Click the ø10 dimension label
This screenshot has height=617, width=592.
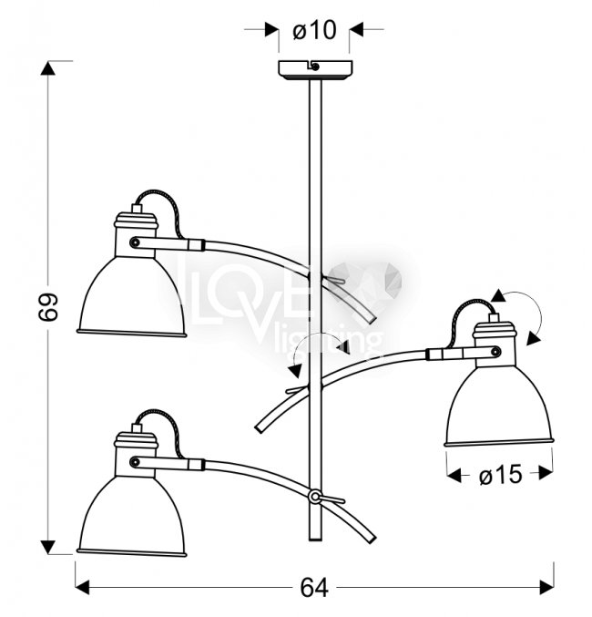coord(314,30)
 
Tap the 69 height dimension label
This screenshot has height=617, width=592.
coord(49,307)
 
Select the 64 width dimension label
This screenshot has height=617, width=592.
coord(314,588)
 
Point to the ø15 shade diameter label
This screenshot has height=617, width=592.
coord(501,474)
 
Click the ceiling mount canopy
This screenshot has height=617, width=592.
coord(315,70)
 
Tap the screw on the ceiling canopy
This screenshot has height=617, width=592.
coord(315,67)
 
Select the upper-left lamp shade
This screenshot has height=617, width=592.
coord(132,297)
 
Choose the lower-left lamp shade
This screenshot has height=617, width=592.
coord(132,516)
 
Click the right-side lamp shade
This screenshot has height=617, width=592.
coord(499,407)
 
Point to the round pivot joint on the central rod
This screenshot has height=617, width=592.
coord(315,497)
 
